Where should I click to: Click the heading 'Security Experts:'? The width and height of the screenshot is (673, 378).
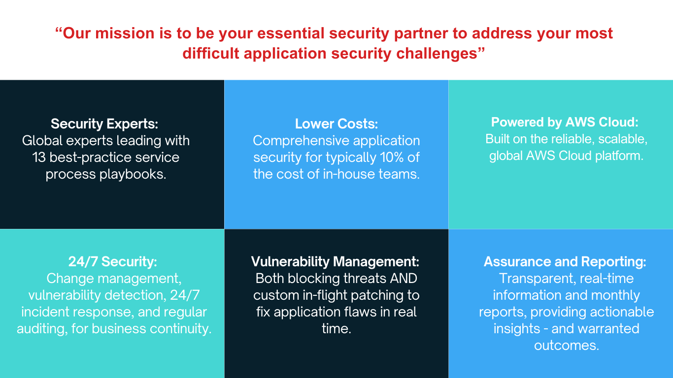tap(104, 124)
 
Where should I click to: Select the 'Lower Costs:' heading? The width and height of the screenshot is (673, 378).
tap(336, 124)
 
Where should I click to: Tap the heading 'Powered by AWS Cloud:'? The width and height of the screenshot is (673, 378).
tap(565, 123)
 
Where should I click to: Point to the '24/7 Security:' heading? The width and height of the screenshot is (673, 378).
tap(113, 261)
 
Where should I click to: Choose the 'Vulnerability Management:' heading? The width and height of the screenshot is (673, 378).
tap(336, 261)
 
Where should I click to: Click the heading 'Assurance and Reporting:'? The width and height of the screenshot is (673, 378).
tap(565, 261)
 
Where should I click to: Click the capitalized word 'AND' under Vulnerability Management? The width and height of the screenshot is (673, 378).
tap(403, 279)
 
